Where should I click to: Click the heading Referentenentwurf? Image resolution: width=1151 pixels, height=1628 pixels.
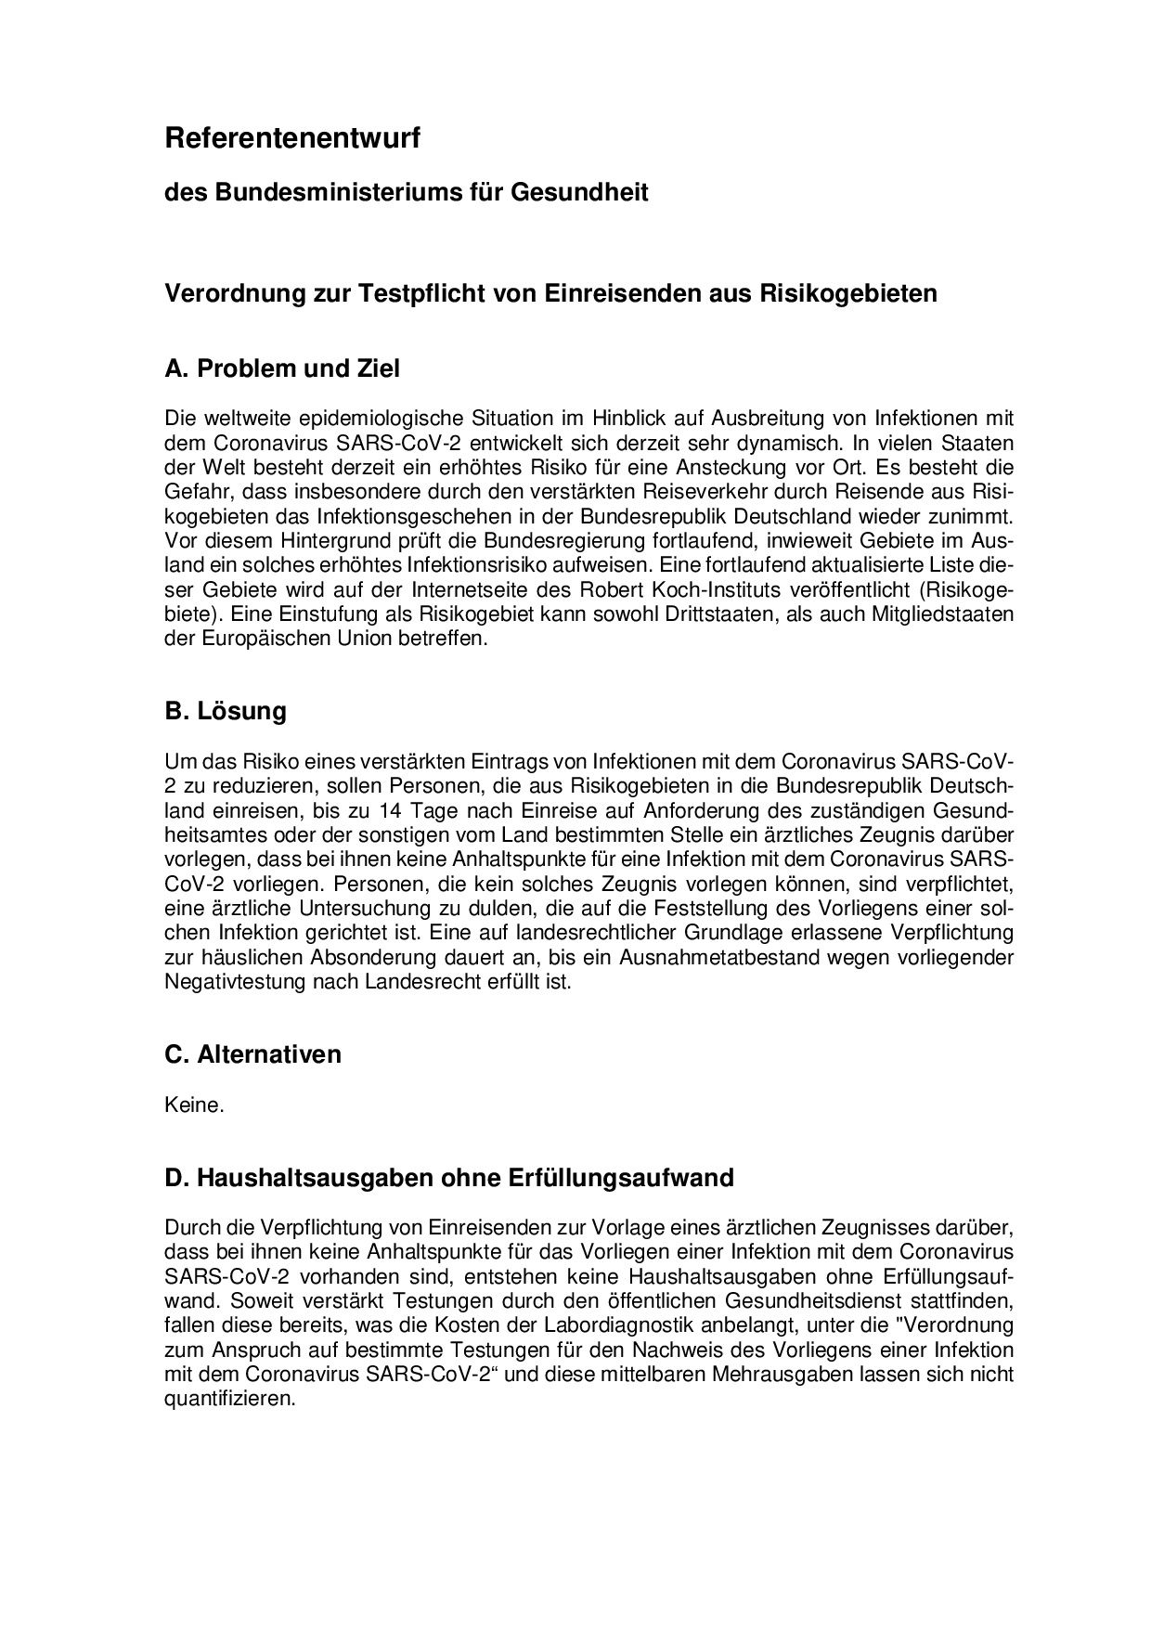coord(292,139)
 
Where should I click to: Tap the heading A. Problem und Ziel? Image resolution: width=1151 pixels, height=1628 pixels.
coord(282,368)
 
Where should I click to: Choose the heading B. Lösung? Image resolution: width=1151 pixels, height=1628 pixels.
coord(226,711)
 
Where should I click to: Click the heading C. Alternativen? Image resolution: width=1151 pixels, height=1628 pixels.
coord(252,1054)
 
